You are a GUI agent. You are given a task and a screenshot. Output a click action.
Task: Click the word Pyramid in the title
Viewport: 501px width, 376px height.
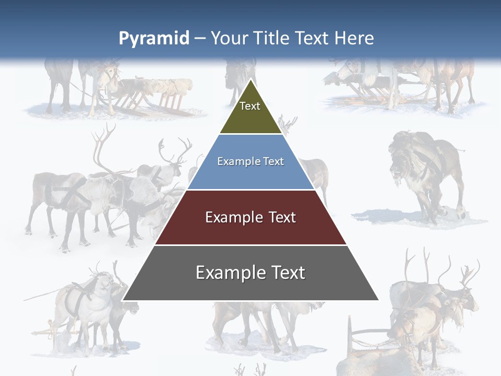pyautogui.click(x=154, y=39)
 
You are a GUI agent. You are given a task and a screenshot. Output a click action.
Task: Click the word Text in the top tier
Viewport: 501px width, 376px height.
pyautogui.click(x=250, y=106)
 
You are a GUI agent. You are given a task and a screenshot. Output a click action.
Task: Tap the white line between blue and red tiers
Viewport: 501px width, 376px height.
pyautogui.click(x=250, y=190)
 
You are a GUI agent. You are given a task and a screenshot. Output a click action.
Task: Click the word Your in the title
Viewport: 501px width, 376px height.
pyautogui.click(x=230, y=38)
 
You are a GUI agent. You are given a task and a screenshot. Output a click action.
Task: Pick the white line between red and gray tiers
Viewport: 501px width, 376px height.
pyautogui.click(x=250, y=245)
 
